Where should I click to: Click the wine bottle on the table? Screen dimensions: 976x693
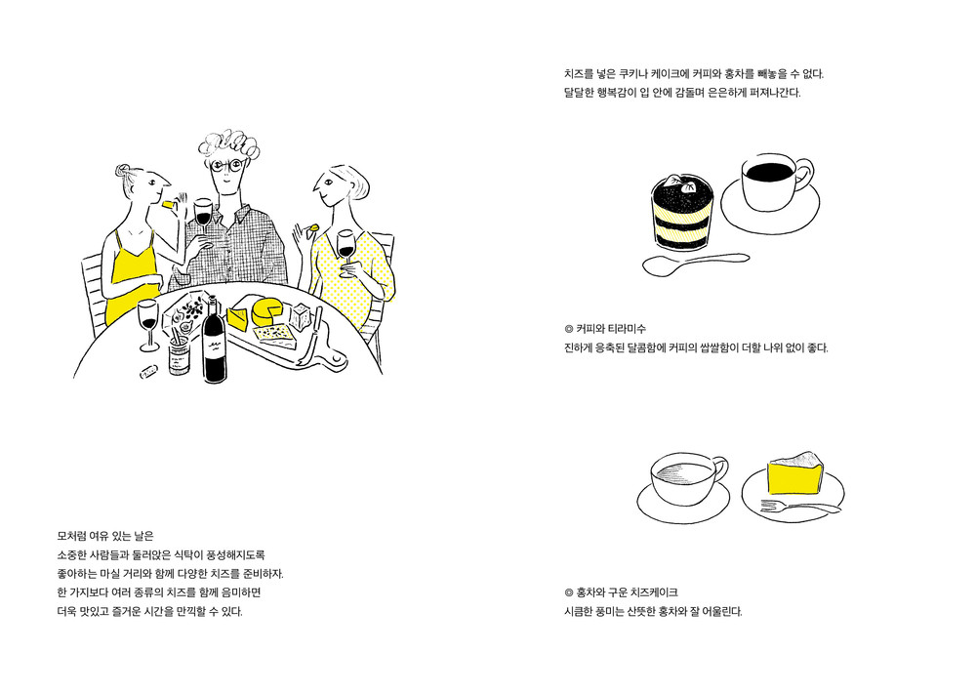point(215,346)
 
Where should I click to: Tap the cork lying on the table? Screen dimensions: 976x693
point(148,372)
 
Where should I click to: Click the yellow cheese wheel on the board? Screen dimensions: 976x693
point(267,311)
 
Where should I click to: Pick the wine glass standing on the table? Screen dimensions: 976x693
point(148,324)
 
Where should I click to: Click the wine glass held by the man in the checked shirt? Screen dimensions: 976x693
point(203,216)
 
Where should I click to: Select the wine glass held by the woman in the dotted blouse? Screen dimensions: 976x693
point(346,248)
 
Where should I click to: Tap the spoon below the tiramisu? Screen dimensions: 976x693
point(695,264)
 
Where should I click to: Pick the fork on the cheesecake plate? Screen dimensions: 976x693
point(800,507)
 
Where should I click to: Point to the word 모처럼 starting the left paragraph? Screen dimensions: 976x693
point(71,536)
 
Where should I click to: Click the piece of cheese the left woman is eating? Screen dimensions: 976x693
point(166,203)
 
